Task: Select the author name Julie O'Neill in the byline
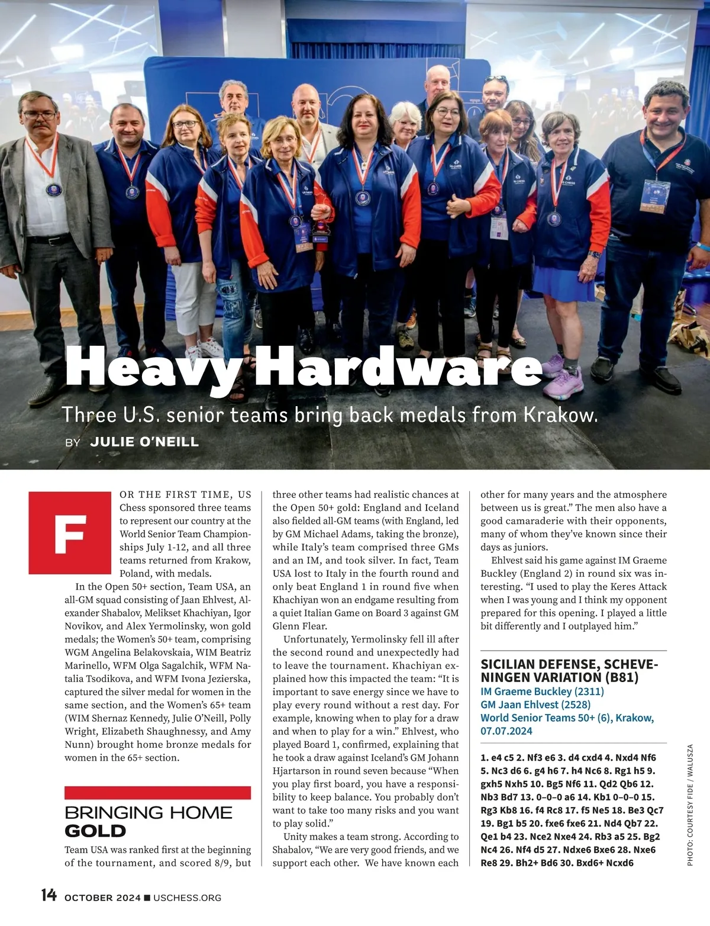(x=144, y=442)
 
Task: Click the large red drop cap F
(x=70, y=533)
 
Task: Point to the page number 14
(x=49, y=895)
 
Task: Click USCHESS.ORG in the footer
(x=187, y=898)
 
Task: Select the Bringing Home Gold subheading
(x=148, y=821)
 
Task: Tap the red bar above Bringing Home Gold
(x=157, y=793)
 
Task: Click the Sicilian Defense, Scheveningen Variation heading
(x=569, y=671)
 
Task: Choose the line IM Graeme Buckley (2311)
(x=542, y=691)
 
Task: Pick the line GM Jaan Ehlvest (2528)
(x=535, y=704)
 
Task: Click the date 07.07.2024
(x=506, y=731)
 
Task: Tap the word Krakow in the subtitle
(x=560, y=414)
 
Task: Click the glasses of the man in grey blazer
(x=40, y=115)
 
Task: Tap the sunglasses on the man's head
(x=495, y=79)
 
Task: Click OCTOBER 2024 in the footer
(x=102, y=898)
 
